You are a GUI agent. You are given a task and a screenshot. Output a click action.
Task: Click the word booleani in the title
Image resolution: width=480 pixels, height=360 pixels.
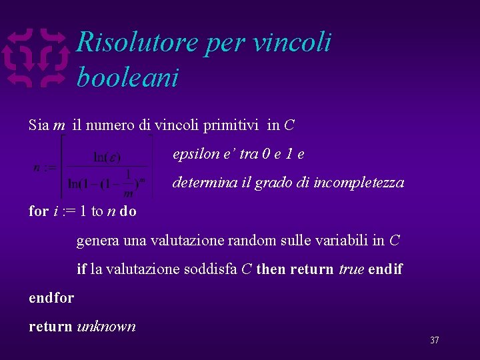[127, 77]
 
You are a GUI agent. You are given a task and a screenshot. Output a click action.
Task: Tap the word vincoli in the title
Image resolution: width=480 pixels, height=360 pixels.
[293, 43]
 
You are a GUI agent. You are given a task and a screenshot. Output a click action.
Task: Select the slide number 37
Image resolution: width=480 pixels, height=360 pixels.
[434, 341]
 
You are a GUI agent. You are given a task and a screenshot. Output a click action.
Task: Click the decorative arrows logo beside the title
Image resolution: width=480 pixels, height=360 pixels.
[37, 58]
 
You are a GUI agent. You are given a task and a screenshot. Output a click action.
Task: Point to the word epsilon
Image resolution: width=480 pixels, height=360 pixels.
[195, 154]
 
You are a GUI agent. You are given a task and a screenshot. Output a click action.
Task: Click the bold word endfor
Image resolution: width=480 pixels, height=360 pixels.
[51, 298]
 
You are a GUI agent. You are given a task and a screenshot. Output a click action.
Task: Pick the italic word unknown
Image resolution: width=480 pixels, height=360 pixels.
[107, 327]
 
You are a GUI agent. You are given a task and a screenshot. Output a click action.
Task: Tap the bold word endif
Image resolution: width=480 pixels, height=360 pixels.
[387, 269]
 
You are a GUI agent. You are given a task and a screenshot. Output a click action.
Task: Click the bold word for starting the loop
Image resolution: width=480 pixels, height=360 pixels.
[39, 211]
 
